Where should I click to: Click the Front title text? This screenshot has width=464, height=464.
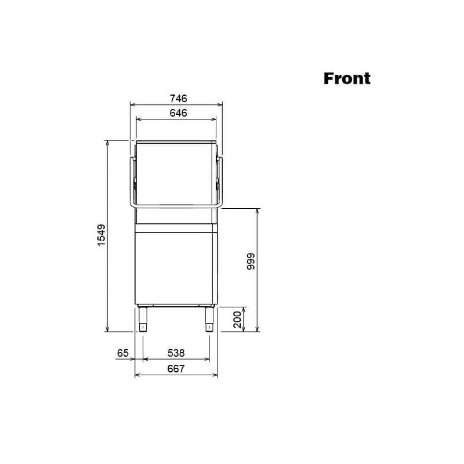[347, 78]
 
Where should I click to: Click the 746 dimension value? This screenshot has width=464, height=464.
[179, 98]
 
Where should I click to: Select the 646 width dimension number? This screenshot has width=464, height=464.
[178, 113]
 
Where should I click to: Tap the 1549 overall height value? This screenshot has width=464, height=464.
[101, 235]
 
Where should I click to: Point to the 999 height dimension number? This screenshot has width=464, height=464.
[251, 262]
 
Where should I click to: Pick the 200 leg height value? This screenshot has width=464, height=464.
[237, 320]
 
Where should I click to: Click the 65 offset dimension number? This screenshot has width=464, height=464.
[123, 353]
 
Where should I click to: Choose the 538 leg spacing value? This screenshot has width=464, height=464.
[176, 353]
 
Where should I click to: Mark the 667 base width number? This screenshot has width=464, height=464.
[176, 369]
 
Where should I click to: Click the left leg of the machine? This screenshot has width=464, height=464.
[143, 320]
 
